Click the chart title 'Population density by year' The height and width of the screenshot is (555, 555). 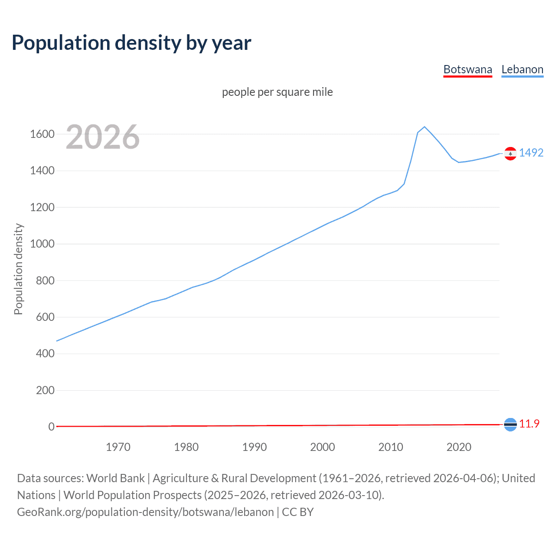coord(131,43)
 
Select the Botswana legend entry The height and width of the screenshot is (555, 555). coord(467,69)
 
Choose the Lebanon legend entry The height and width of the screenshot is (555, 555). coord(522,69)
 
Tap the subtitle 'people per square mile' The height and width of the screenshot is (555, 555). coord(277,92)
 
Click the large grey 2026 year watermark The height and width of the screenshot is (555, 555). coord(103,137)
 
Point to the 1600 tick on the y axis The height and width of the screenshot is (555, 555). coord(42,134)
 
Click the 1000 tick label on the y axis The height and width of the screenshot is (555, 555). coord(42,244)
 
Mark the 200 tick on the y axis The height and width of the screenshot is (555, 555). coord(45,390)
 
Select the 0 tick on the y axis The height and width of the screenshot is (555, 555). coord(51,427)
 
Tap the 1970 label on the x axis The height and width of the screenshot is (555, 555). coord(118,447)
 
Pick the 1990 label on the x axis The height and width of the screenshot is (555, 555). coord(255,447)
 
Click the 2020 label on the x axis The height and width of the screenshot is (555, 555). coord(459,447)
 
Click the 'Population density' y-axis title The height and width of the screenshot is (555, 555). coord(18,269)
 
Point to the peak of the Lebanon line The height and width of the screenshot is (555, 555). coord(424,127)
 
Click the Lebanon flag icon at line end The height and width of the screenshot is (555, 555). coord(510,153)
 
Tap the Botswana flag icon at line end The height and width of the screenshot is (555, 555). coord(510,424)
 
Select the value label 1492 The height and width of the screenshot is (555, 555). coord(531,153)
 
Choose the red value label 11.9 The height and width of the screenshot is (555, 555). coord(529,424)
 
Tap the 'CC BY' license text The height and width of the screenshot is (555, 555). coord(298,512)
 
